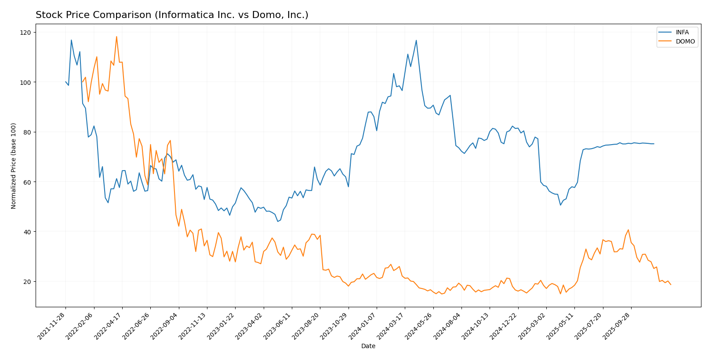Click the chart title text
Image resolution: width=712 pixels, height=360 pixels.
[x=172, y=15]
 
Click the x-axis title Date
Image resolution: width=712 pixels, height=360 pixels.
[x=368, y=346]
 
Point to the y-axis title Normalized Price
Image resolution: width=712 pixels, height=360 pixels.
[x=14, y=166]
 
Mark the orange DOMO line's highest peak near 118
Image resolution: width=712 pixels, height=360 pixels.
[x=116, y=36]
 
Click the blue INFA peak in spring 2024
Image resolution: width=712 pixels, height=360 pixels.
[x=416, y=40]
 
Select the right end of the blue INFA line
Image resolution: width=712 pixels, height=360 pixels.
[x=654, y=144]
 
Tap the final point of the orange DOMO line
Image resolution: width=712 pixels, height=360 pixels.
[x=671, y=285]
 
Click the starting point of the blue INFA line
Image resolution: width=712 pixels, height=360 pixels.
[x=65, y=82]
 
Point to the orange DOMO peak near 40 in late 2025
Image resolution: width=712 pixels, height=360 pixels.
[x=628, y=230]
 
